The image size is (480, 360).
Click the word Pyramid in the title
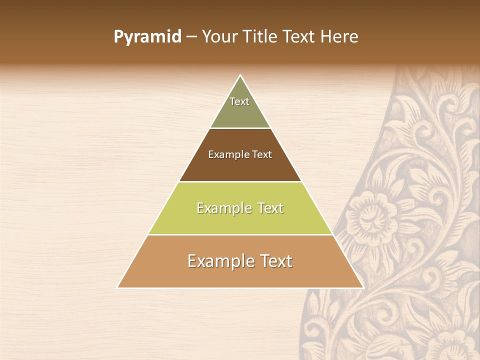[147, 37]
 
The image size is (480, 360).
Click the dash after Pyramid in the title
[191, 37]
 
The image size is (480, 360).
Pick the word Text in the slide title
[299, 36]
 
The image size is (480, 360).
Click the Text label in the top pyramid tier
[239, 101]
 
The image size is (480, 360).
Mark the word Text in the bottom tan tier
[273, 261]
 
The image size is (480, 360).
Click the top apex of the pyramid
[240, 75]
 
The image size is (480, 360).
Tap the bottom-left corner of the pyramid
[118, 287]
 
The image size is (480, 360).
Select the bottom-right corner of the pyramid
[362, 287]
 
